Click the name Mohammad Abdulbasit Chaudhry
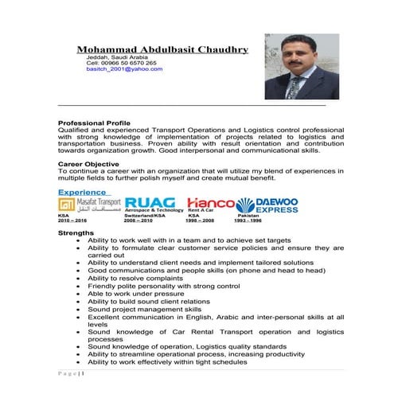click(x=162, y=49)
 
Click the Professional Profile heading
click(x=93, y=123)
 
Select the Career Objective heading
click(x=88, y=163)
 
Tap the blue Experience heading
click(x=82, y=193)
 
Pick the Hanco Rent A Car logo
click(x=209, y=205)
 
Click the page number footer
click(x=71, y=373)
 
